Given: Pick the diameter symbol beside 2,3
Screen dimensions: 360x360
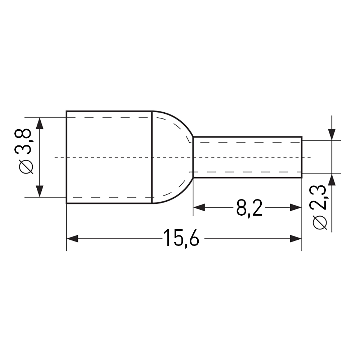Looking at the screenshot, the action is (x=320, y=222).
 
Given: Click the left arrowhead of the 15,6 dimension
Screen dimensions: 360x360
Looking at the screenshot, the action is (x=72, y=239).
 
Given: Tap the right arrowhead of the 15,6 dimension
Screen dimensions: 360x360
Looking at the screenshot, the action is (x=296, y=239).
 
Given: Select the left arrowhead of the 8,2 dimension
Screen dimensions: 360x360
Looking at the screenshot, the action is (x=199, y=208).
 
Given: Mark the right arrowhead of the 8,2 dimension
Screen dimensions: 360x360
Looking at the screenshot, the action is (x=296, y=208).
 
